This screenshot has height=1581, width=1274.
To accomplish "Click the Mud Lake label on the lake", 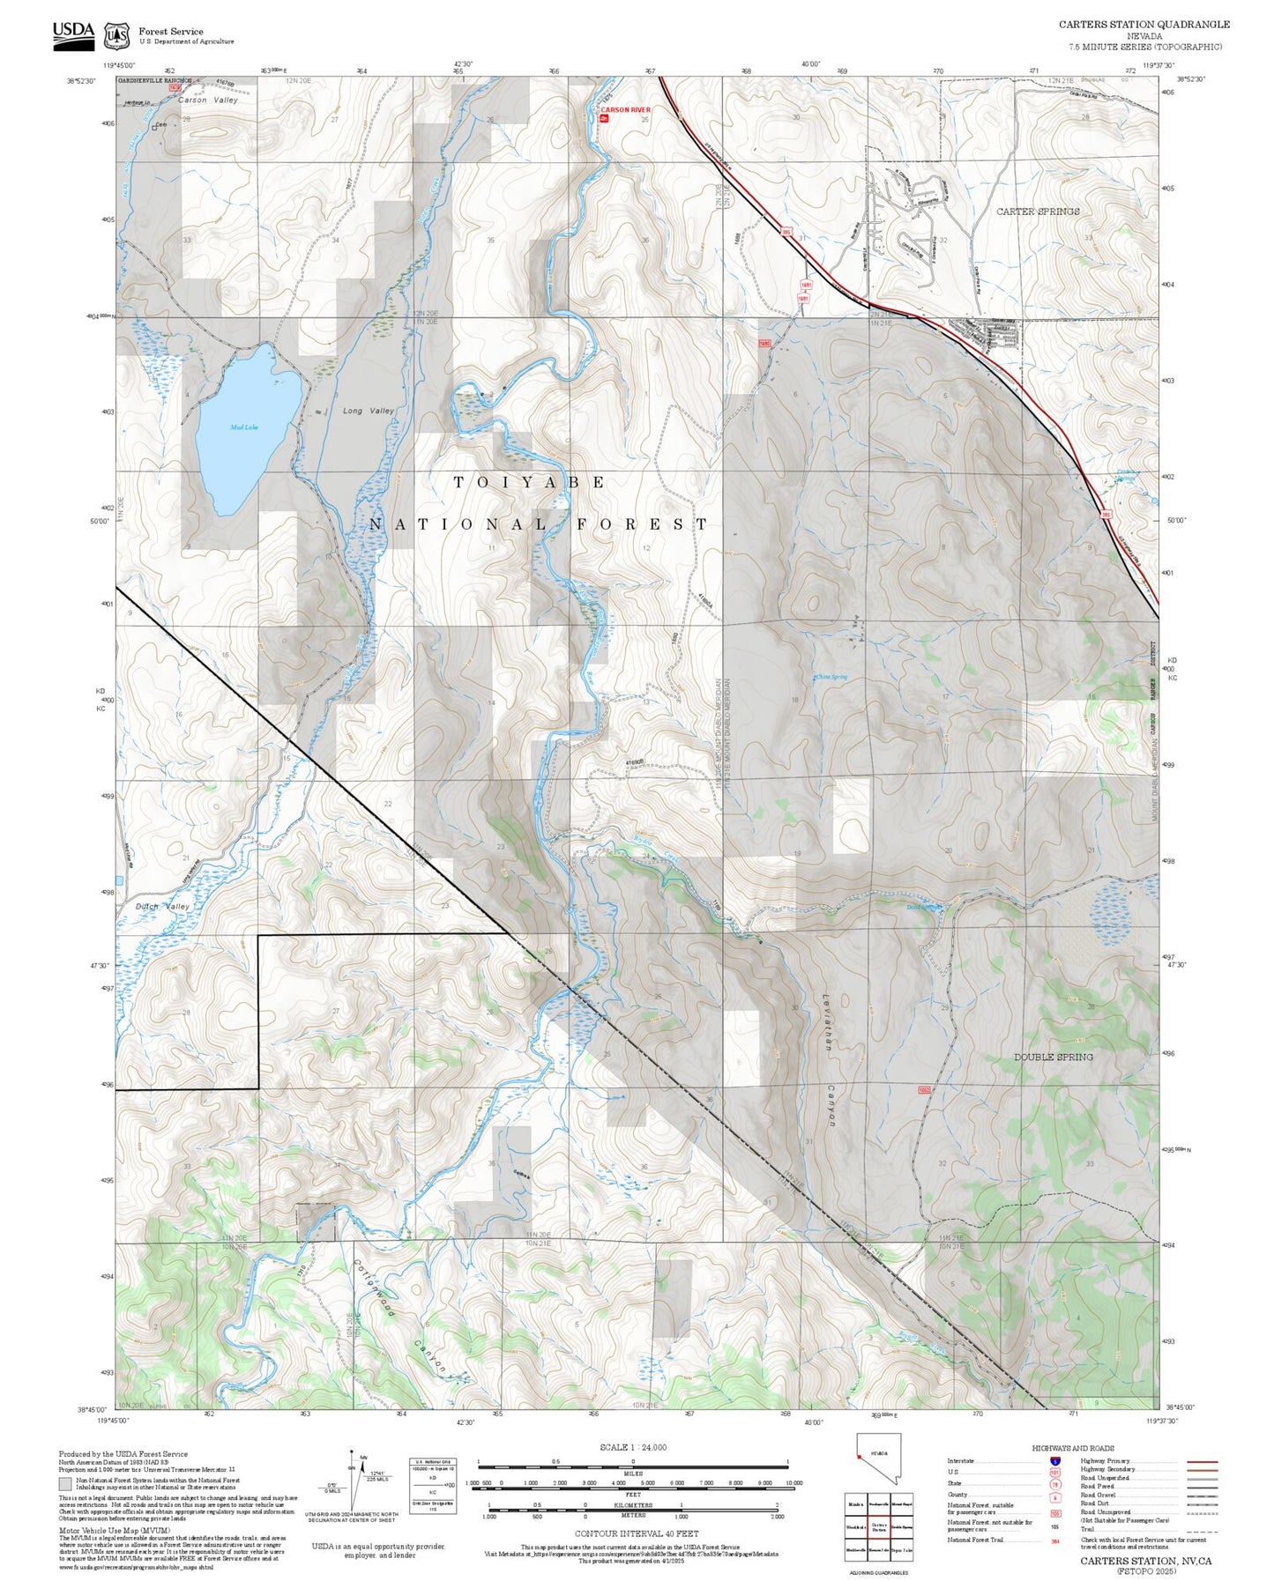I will tap(244, 427).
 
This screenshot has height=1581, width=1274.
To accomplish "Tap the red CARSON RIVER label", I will tap(626, 110).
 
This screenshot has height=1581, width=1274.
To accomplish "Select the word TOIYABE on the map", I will tap(530, 482).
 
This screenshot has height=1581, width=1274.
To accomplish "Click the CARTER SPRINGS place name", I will tap(1038, 212).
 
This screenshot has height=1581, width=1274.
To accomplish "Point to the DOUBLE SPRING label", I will tap(1053, 1057).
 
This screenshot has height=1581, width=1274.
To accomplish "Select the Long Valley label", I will tap(369, 411).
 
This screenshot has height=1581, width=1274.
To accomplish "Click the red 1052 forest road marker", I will tap(924, 1090).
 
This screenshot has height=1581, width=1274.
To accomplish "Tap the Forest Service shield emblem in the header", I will tap(115, 36).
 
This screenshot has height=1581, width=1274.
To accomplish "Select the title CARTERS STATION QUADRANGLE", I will tap(1144, 25).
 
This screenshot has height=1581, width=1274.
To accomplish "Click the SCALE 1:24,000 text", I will tap(632, 1447).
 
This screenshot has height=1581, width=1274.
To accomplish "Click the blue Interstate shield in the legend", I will tap(1055, 1461).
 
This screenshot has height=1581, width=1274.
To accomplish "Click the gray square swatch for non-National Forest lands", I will tap(65, 1483).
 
